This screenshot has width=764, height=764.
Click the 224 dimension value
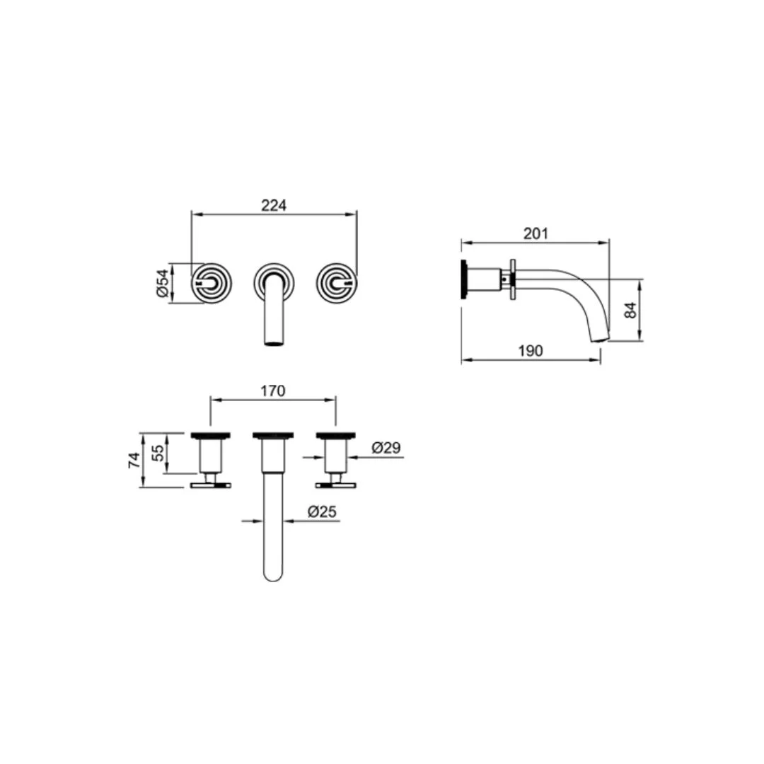274,206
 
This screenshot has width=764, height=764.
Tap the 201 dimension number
536,234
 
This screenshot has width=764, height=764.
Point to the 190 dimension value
531,351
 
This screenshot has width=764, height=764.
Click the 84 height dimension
630,311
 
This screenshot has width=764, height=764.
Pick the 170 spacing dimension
273,390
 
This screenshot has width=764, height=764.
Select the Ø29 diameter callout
386,447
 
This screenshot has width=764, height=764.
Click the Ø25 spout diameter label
322,511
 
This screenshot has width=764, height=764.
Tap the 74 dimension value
134,461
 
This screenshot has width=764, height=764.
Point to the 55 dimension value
158,453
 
